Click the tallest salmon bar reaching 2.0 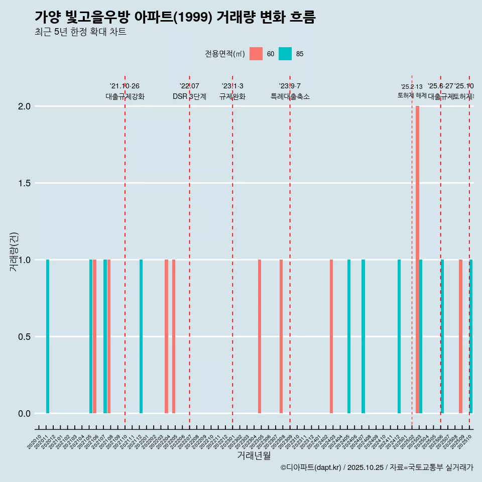pos(417,260)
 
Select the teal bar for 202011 pos(48,336)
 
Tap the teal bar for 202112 pos(141,336)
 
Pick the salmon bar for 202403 pos(331,336)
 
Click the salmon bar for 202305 pos(260,336)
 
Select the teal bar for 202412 pos(399,336)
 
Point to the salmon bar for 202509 pos(460,336)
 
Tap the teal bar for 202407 pos(363,336)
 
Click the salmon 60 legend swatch pos(256,54)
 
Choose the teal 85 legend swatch pos(285,54)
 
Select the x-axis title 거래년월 pos(254,455)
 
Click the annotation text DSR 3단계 pos(189,96)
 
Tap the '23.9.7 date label pos(290,86)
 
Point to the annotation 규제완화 pos(232,96)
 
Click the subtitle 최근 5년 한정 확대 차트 pos(80,32)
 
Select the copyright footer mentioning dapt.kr pos(377,467)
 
